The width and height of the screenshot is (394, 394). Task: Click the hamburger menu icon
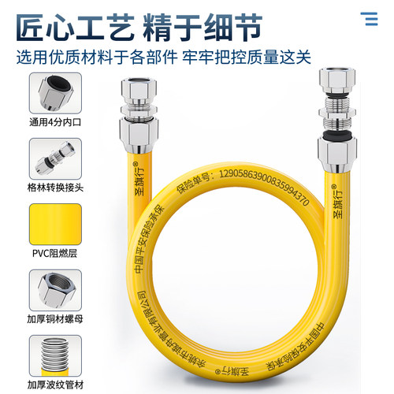pos(368,19)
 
